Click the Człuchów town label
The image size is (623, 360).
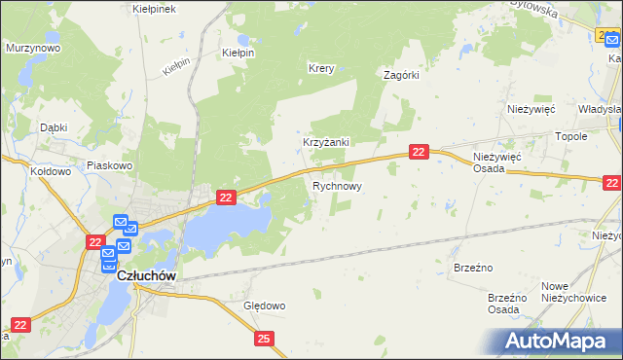point(146,275)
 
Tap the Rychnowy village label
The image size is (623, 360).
point(338,185)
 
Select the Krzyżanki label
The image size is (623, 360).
point(325,142)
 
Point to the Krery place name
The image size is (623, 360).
point(321,69)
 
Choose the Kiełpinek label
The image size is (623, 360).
point(153,8)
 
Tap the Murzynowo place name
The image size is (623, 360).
point(33,47)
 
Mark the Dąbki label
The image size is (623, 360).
point(53,127)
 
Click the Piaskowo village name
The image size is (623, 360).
point(109,165)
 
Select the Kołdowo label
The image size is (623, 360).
point(51,171)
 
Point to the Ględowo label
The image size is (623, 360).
point(264,306)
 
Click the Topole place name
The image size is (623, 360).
point(570,137)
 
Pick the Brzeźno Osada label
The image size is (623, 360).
point(506,304)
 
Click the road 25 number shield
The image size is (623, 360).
point(265,338)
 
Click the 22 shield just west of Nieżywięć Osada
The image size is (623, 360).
point(418,152)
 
